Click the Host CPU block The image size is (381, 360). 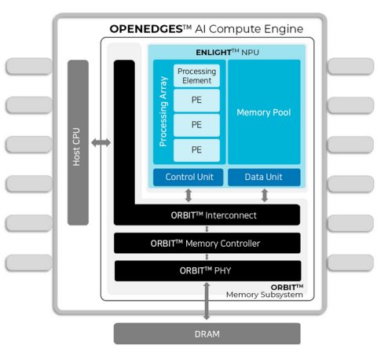78,142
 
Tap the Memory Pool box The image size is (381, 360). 264,112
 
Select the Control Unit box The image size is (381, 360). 188,177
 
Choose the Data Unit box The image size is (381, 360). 264,177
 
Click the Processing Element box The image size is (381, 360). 196,75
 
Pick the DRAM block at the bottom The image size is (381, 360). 207,334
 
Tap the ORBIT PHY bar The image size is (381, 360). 207,270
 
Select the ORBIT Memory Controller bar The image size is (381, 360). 207,243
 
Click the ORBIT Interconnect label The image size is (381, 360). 214,215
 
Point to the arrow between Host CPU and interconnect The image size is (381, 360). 101,143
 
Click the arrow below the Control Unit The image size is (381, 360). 189,196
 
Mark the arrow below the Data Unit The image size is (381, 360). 265,196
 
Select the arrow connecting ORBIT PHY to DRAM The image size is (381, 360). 207,301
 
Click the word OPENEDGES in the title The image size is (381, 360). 146,29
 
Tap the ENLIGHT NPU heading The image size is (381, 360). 227,52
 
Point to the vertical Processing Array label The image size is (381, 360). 163,112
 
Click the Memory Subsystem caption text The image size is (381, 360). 265,295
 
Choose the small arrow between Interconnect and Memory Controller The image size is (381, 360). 207,229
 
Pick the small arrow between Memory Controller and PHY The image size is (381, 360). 207,257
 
